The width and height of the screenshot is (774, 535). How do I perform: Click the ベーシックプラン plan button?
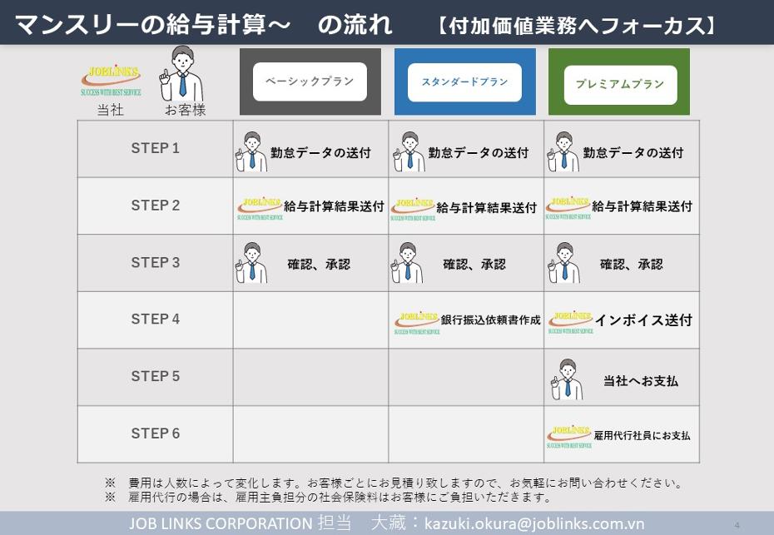(310, 82)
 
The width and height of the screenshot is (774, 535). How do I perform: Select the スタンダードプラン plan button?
(464, 82)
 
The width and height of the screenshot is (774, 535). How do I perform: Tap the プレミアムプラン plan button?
(620, 84)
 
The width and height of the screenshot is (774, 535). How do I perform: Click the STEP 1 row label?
(155, 148)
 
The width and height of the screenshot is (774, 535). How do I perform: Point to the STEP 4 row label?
(155, 320)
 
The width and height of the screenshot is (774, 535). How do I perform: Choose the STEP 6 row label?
(155, 433)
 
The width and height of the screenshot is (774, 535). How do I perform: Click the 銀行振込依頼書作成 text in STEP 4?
(491, 320)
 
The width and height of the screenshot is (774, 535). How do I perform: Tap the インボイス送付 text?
(643, 320)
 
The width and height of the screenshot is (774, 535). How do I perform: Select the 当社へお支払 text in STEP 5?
(641, 380)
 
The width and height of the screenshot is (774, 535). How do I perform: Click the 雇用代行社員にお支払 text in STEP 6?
(642, 435)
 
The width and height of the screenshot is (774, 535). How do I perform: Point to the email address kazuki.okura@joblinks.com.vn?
(534, 523)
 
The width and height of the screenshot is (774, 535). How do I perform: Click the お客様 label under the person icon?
(185, 110)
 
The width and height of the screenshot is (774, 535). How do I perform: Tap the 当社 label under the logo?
(110, 110)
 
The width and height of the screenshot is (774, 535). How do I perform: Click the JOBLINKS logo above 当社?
(111, 80)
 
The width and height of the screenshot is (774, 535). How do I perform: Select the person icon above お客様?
(181, 73)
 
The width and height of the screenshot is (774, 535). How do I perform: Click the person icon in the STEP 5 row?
(567, 379)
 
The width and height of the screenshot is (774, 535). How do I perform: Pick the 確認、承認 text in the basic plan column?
(319, 265)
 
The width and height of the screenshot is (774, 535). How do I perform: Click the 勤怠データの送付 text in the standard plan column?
(479, 153)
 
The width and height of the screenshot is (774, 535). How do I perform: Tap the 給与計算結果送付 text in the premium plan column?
(643, 206)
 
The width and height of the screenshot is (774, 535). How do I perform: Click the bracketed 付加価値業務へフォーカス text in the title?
(576, 25)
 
